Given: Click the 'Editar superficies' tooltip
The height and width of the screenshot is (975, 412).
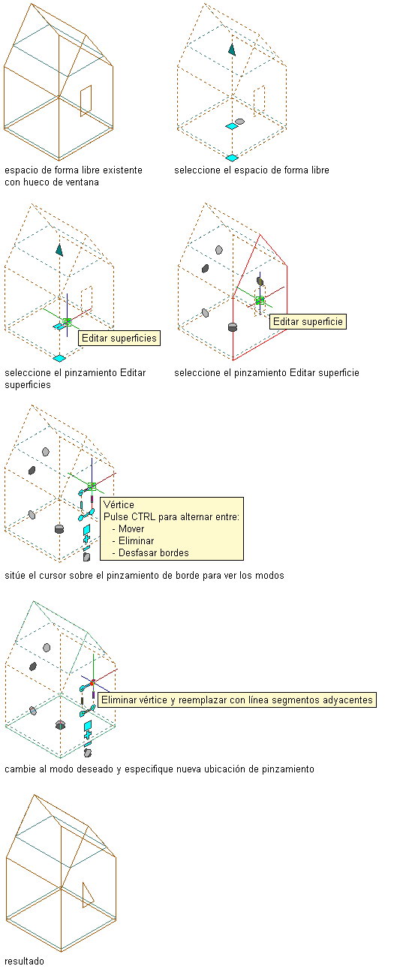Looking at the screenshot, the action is coord(119,339).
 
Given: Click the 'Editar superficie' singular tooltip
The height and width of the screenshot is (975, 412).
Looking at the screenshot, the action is coord(308,322).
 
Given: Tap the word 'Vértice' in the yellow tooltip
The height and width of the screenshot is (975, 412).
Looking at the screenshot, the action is coord(119,504).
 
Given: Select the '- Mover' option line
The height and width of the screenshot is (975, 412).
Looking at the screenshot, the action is coord(128,529).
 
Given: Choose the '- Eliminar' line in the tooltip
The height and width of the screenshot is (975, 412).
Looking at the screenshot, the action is coord(133,540).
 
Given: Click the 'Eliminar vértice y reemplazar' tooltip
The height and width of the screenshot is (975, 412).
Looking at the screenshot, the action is coord(237,700).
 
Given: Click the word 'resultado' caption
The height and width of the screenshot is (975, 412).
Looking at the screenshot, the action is coord(24,961).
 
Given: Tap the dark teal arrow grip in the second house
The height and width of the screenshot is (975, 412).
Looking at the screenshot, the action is coord(232,50).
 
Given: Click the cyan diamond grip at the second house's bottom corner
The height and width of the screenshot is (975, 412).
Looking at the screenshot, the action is coord(232,158).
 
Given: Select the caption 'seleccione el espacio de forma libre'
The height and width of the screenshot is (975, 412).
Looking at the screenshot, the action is coord(251,170).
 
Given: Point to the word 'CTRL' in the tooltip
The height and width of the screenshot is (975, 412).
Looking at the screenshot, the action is coord(146,516).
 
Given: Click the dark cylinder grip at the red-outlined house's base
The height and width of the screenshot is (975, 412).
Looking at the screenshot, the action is coord(233,327).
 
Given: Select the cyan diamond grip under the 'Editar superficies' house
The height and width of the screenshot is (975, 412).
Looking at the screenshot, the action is coord(59,358).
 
